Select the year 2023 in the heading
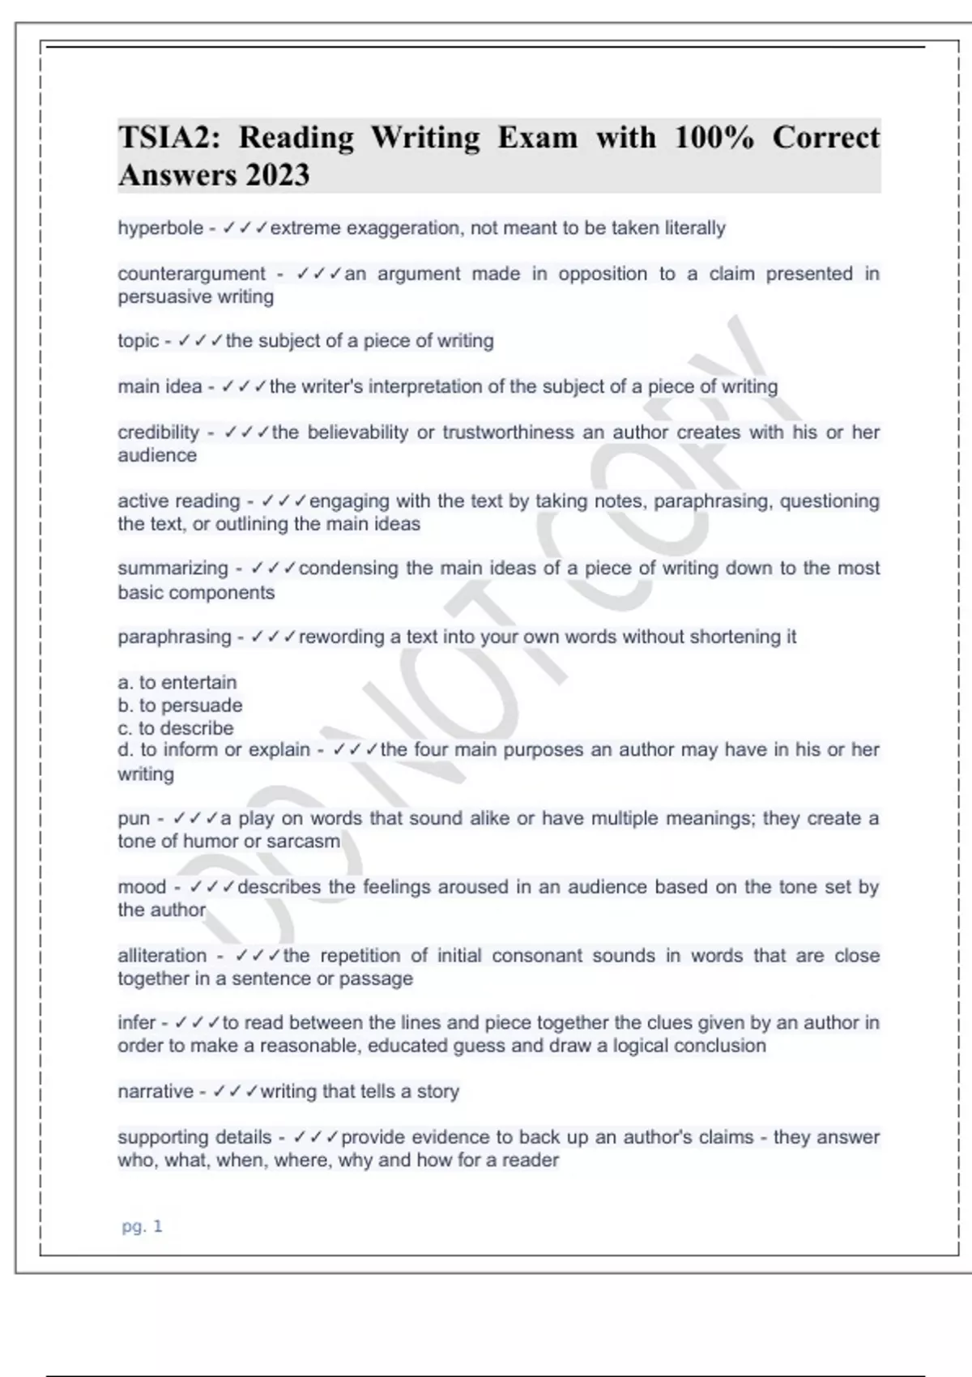pos(277,175)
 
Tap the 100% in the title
pos(714,137)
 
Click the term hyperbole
pos(160,228)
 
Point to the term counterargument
pos(191,274)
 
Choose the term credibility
pos(158,433)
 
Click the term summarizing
pos(173,569)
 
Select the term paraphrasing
pos(174,637)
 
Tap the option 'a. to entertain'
pos(177,682)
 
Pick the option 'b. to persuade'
pos(180,706)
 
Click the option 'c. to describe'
pos(176,728)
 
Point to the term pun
pos(134,819)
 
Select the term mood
pos(142,887)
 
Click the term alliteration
pos(162,956)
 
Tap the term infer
pos(136,1023)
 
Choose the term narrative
pos(156,1092)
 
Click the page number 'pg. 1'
pos(142,1226)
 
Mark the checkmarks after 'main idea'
pos(244,387)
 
